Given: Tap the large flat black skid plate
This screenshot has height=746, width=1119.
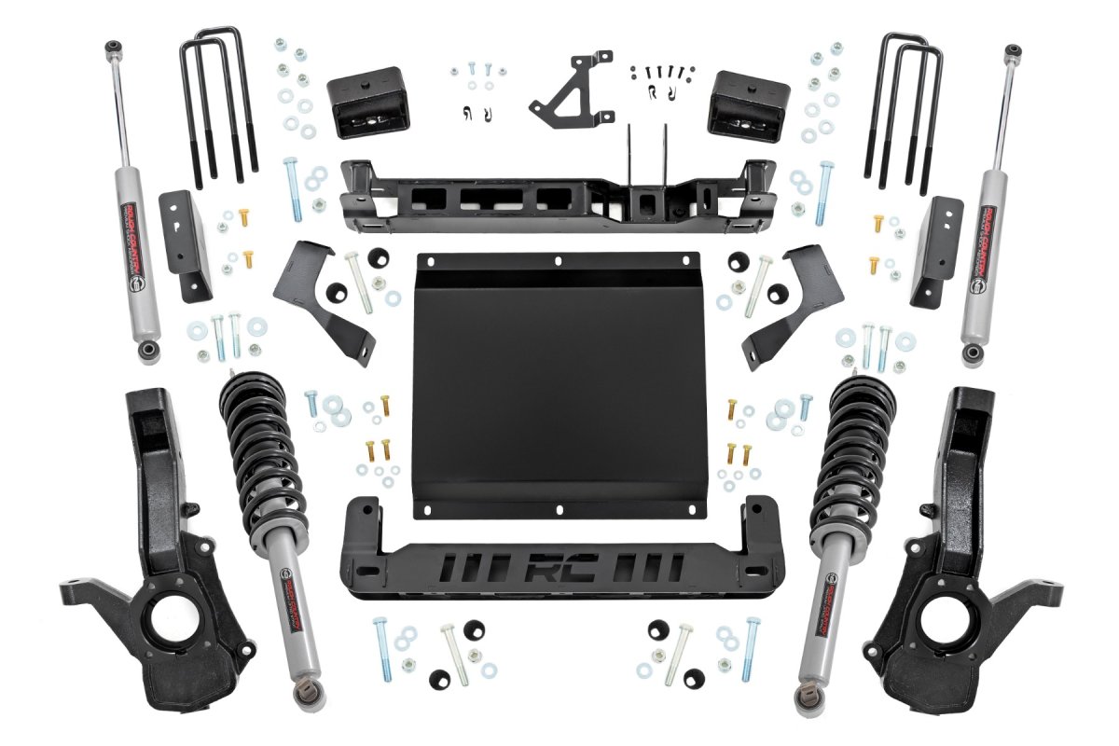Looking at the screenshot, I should (x=557, y=382).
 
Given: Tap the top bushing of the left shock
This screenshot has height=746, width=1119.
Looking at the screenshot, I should (x=113, y=46).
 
